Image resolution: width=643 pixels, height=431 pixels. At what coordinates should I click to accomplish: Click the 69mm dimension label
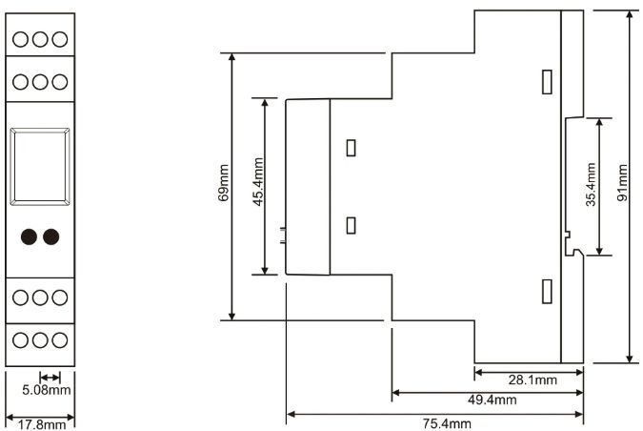pos(224,183)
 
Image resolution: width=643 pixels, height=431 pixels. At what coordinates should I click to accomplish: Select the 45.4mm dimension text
pos(258,182)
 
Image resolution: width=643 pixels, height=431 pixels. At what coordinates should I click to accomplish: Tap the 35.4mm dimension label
pos(591,184)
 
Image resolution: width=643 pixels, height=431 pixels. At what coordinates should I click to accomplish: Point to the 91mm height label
pos(622,182)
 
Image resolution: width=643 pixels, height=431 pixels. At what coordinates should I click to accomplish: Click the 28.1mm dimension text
pos(532,380)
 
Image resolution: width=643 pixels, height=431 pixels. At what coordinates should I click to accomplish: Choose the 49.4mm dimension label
pos(492,400)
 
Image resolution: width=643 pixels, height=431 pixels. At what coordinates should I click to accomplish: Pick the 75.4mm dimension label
pos(447,423)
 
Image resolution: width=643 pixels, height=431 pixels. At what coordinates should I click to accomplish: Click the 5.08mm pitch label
pos(47,390)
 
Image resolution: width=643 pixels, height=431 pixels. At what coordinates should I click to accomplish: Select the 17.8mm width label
pos(41,424)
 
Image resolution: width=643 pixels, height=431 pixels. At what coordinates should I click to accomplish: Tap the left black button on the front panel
pos(30,236)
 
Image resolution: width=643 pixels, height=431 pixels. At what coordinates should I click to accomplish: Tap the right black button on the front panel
pos(51,236)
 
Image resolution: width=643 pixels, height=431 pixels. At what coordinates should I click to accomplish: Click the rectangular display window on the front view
pos(40,167)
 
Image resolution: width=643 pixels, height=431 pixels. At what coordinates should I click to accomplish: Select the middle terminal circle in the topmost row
pos(40,39)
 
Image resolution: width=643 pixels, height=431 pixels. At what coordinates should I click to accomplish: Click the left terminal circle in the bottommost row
pos(21,340)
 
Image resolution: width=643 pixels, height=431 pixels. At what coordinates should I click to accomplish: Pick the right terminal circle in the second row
pos(60,82)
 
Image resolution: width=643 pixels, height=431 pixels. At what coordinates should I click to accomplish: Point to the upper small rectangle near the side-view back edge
pos(547,82)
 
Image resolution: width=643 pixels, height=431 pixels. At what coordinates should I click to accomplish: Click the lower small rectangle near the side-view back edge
pos(547,292)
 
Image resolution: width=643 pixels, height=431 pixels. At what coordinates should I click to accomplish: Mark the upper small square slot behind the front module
pos(351,148)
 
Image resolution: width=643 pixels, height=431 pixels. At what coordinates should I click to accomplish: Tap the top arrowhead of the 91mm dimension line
pos(630,14)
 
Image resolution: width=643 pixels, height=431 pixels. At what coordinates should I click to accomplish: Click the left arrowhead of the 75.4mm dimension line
pos(291,414)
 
